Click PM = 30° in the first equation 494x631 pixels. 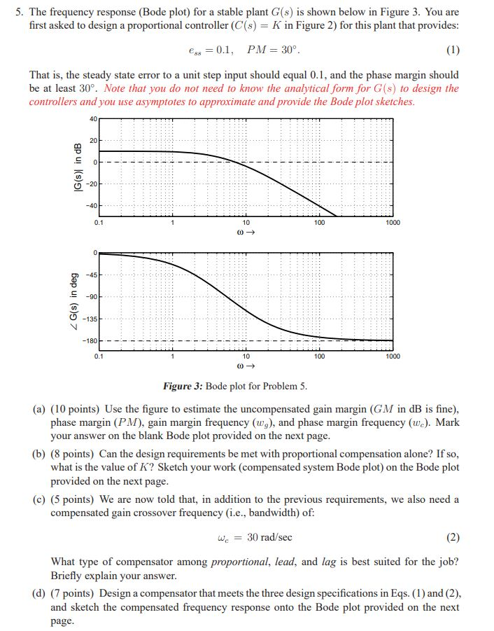(276, 50)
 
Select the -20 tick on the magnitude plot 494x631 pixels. (94, 184)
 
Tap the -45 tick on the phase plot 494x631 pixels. (93, 275)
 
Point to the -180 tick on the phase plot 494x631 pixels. (92, 341)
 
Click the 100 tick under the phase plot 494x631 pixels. (320, 356)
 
